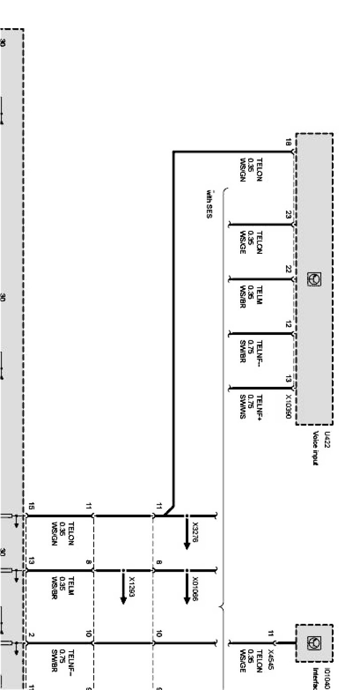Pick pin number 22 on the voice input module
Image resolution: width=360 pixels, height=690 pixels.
tap(289, 269)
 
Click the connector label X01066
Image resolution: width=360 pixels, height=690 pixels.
tap(195, 590)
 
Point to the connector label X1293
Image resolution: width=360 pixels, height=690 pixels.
tap(132, 587)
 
